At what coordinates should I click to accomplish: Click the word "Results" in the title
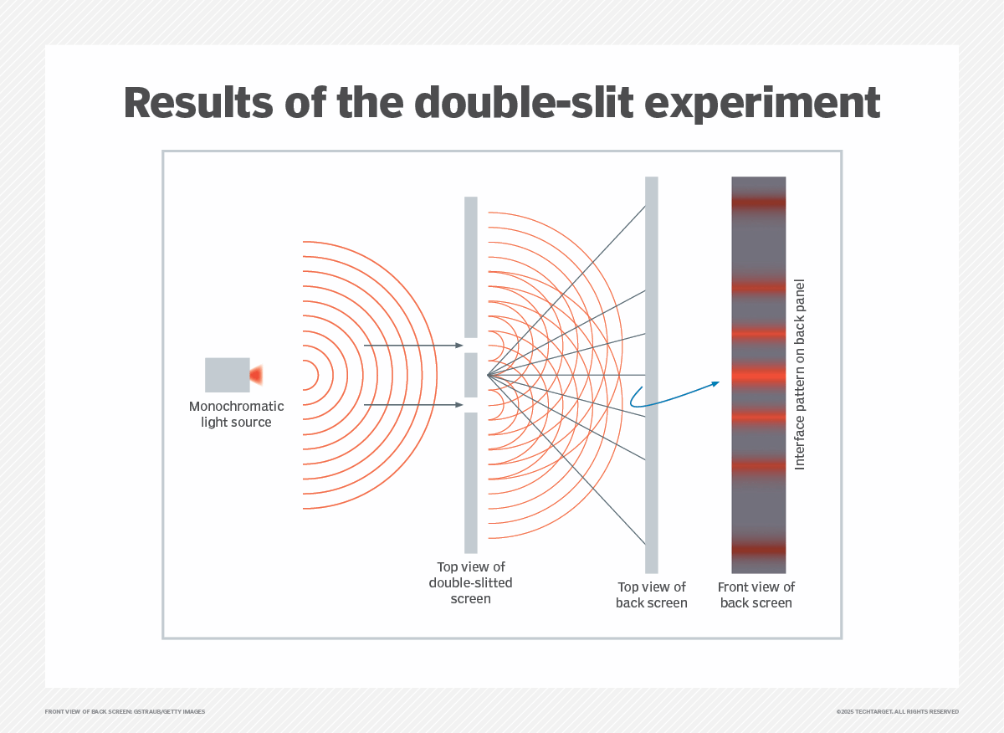(198, 103)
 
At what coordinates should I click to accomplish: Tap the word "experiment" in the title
(762, 105)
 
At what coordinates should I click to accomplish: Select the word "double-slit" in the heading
(524, 102)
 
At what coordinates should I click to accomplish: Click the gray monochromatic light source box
(228, 375)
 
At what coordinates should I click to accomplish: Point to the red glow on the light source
(256, 375)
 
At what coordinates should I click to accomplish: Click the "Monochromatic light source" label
(236, 414)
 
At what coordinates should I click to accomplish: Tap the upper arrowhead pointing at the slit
(459, 346)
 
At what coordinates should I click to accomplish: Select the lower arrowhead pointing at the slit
(459, 405)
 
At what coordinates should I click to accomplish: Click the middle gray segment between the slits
(470, 375)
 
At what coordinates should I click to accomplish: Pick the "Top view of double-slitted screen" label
(470, 582)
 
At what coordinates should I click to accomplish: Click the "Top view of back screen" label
(651, 594)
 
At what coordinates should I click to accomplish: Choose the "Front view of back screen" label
(756, 594)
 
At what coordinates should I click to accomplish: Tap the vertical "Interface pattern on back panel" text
(800, 374)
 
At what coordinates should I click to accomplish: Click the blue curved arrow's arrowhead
(716, 383)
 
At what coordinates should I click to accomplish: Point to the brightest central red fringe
(758, 375)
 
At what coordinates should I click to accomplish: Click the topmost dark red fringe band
(758, 202)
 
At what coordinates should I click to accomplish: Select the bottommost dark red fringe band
(758, 549)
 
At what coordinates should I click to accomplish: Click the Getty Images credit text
(125, 711)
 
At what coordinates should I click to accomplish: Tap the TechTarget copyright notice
(897, 711)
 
